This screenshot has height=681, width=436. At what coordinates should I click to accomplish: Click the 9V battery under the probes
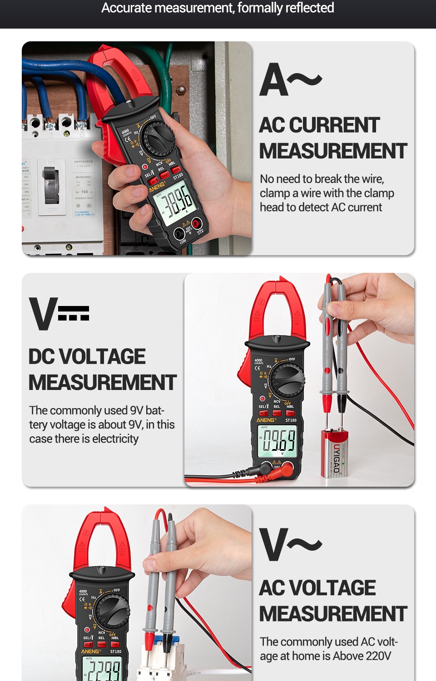pyautogui.click(x=337, y=454)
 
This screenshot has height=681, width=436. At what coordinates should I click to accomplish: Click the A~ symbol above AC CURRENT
pyautogui.click(x=291, y=80)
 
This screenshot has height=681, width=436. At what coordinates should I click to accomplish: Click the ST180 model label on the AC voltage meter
pyautogui.click(x=116, y=651)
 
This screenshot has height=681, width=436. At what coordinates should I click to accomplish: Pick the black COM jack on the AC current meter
pyautogui.click(x=179, y=234)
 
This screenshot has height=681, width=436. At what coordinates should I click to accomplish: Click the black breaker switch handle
pyautogui.click(x=51, y=186)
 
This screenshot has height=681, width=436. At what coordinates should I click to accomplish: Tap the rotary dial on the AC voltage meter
pyautogui.click(x=112, y=611)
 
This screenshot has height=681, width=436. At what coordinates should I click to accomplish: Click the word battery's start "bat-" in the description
pyautogui.click(x=154, y=410)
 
